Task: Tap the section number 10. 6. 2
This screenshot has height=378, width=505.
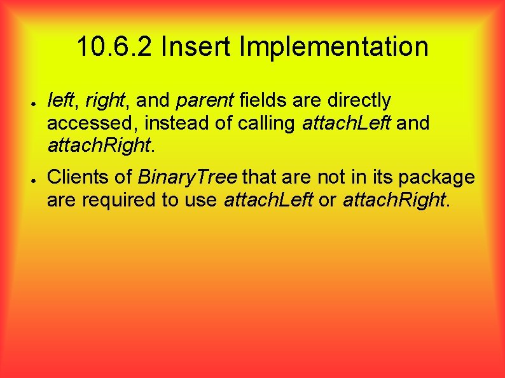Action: (115, 47)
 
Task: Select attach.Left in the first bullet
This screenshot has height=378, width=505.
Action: (347, 123)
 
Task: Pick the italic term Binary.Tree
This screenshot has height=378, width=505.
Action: (187, 177)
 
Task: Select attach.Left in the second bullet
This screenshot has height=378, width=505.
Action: (268, 199)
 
